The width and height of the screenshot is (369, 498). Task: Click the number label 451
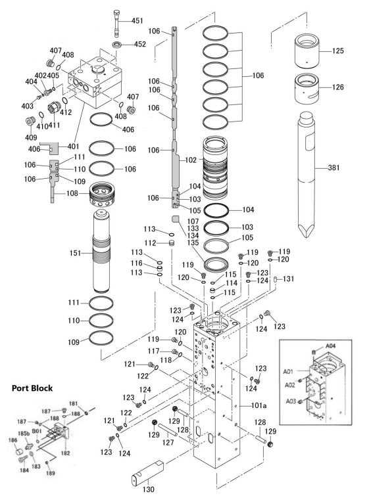tap(137, 21)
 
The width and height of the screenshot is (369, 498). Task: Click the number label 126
tap(338, 86)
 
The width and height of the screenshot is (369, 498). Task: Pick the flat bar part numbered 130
tap(149, 474)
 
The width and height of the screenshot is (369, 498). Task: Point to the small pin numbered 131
tap(275, 279)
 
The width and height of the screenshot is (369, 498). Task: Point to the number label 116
tap(135, 263)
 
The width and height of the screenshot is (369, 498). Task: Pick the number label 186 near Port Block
tap(12, 440)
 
